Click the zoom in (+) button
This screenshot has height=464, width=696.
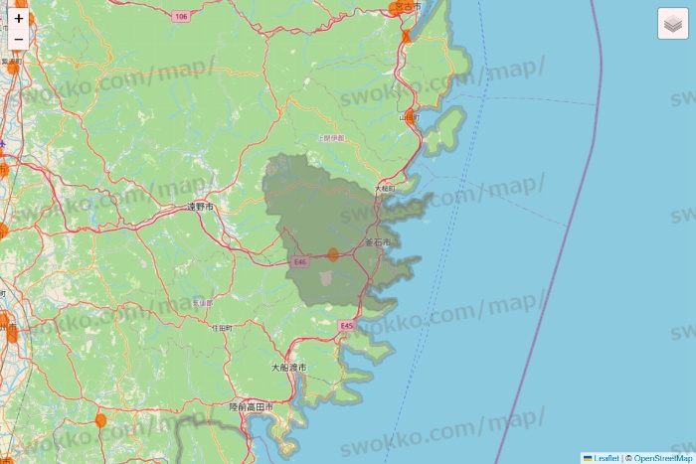click(x=19, y=18)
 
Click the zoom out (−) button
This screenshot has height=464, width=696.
click(x=19, y=40)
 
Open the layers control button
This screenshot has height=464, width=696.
click(x=673, y=24)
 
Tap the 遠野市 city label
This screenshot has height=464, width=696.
click(x=200, y=207)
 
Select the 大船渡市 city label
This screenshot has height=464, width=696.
click(x=288, y=368)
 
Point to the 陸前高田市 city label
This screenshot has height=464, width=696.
click(x=251, y=407)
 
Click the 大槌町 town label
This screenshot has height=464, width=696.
click(x=385, y=188)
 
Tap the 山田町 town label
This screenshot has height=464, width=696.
click(x=409, y=117)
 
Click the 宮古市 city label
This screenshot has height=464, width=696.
click(x=406, y=6)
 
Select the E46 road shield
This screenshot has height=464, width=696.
click(x=300, y=260)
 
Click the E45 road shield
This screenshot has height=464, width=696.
click(x=346, y=326)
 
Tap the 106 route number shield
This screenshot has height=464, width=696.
click(x=179, y=17)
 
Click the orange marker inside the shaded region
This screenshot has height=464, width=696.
click(x=332, y=254)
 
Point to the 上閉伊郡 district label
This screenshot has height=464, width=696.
click(x=331, y=138)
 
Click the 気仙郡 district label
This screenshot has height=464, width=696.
click(x=202, y=302)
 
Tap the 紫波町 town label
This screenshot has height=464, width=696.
click(x=11, y=61)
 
